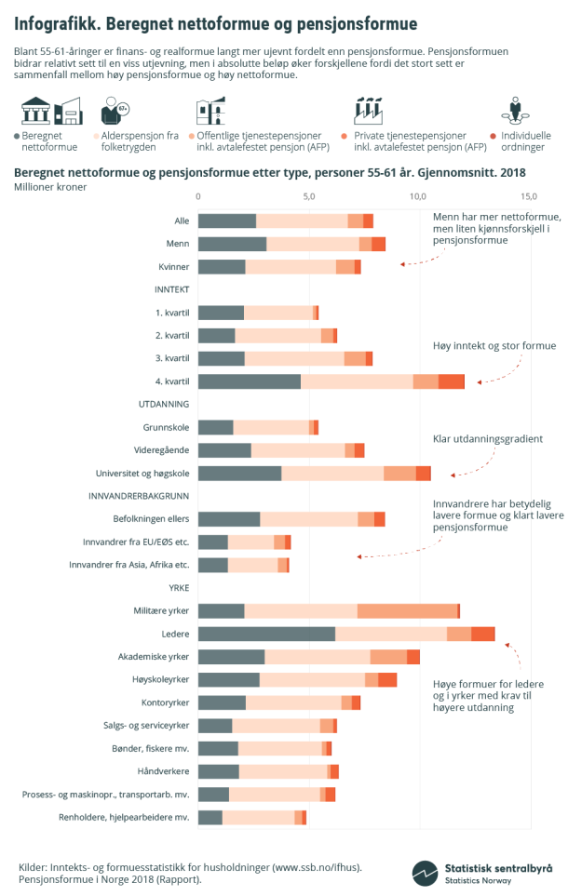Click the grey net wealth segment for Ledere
(266, 634)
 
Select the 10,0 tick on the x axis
(419, 197)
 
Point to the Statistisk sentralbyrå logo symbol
(426, 873)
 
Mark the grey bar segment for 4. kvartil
(250, 381)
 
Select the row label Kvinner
(174, 267)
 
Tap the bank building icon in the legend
(36, 112)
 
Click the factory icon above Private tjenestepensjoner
(369, 111)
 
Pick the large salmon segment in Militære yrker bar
(407, 610)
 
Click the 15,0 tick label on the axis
(529, 197)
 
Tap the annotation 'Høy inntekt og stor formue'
(494, 346)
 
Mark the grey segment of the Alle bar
(227, 221)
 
